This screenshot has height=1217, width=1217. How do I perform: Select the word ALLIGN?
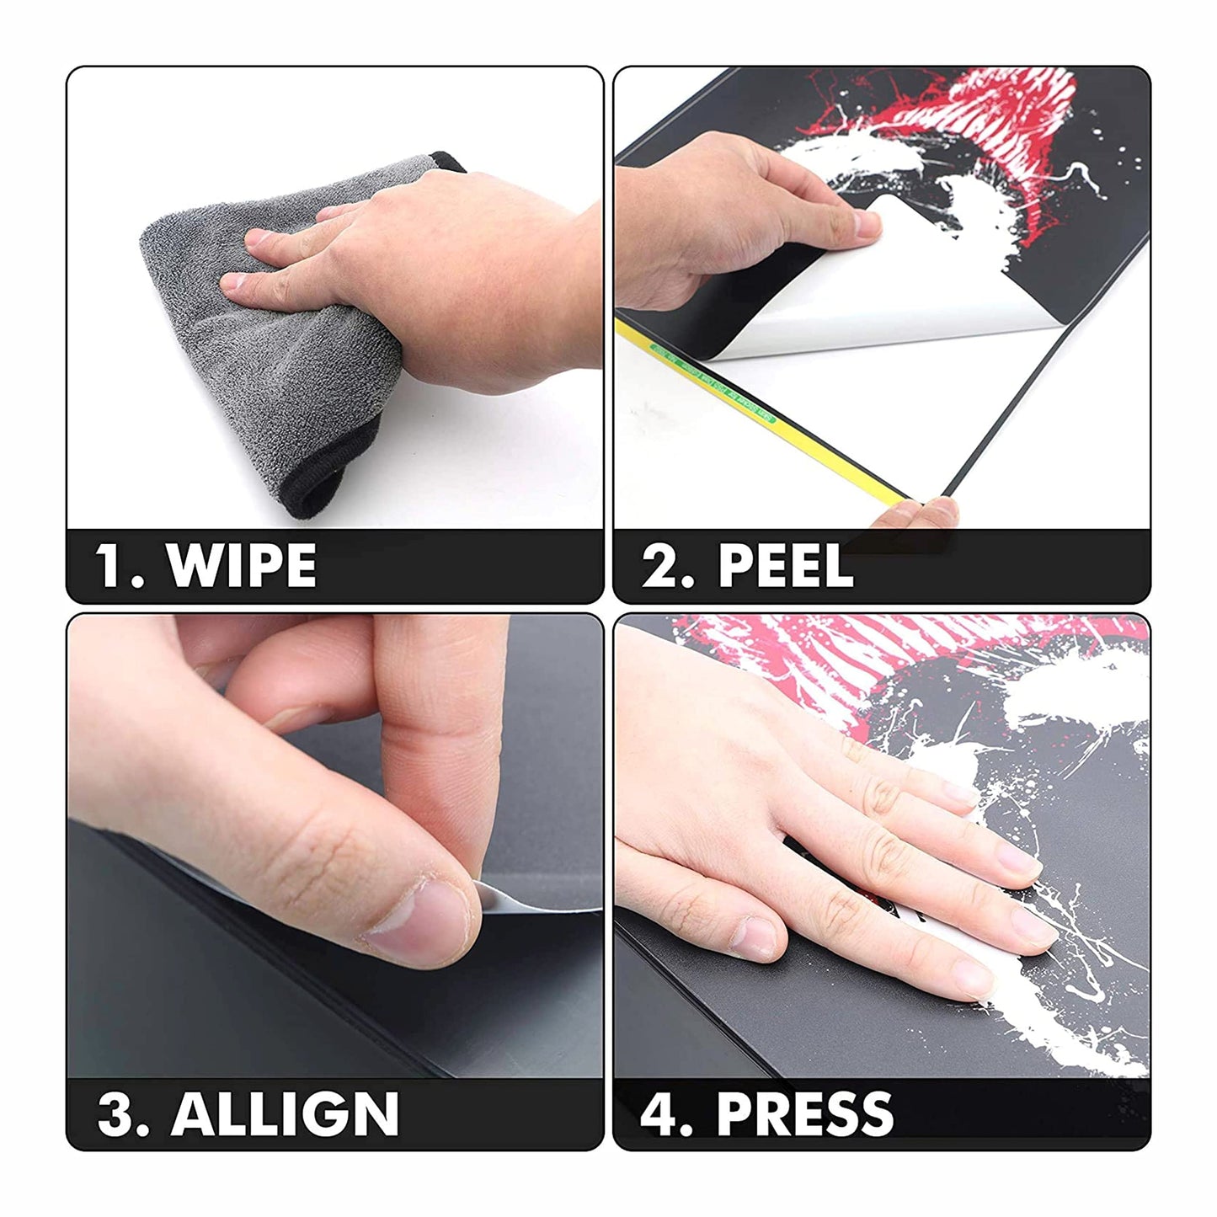[x=285, y=1113]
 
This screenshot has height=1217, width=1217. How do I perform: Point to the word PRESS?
[x=804, y=1113]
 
